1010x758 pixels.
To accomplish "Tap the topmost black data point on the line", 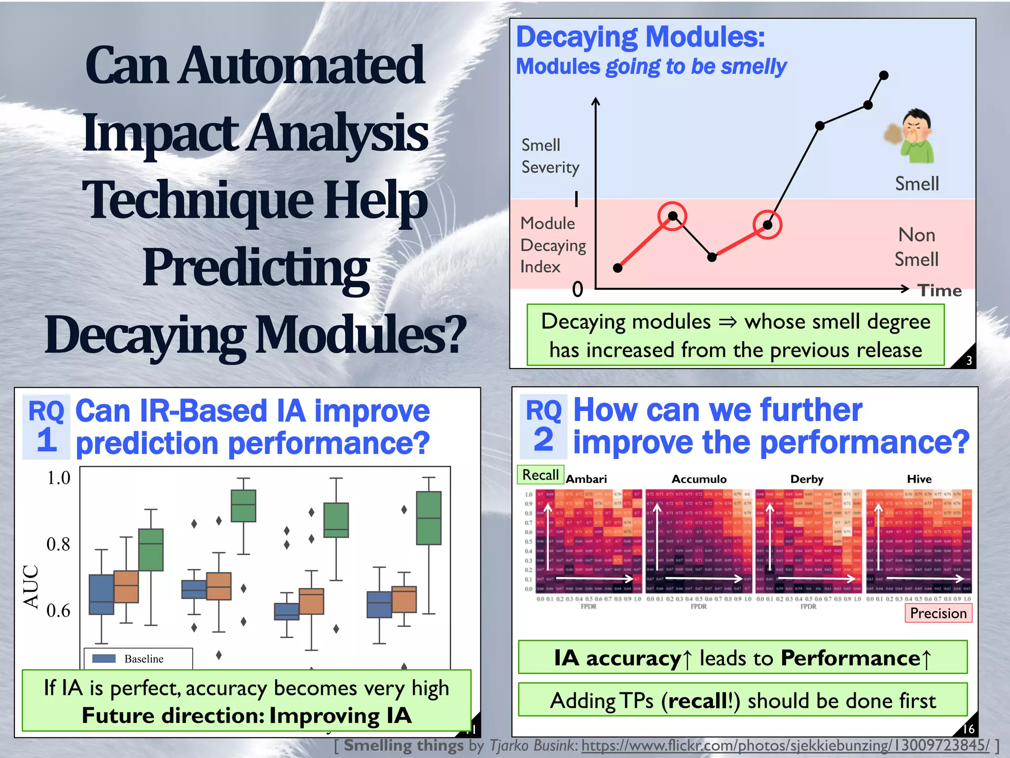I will click(x=884, y=76).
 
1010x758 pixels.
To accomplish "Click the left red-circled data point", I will click(x=672, y=216).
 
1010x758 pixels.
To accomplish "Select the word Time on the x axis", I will click(x=939, y=290).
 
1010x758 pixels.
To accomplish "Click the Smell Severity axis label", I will click(x=550, y=156).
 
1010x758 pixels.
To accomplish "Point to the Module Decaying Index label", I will click(x=552, y=245).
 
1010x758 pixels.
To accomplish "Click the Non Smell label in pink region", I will click(x=916, y=247).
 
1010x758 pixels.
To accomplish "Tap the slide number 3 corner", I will click(x=968, y=360).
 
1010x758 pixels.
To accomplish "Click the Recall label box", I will click(x=541, y=475).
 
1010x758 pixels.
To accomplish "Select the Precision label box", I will click(x=938, y=613).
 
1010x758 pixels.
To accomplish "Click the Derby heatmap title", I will click(x=807, y=479).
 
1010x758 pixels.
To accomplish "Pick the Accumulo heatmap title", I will click(x=699, y=479).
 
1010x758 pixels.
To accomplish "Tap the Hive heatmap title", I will click(x=919, y=479).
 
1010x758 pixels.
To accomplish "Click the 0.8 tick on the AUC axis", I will click(x=58, y=544).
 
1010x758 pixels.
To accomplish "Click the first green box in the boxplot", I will click(x=151, y=550).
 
